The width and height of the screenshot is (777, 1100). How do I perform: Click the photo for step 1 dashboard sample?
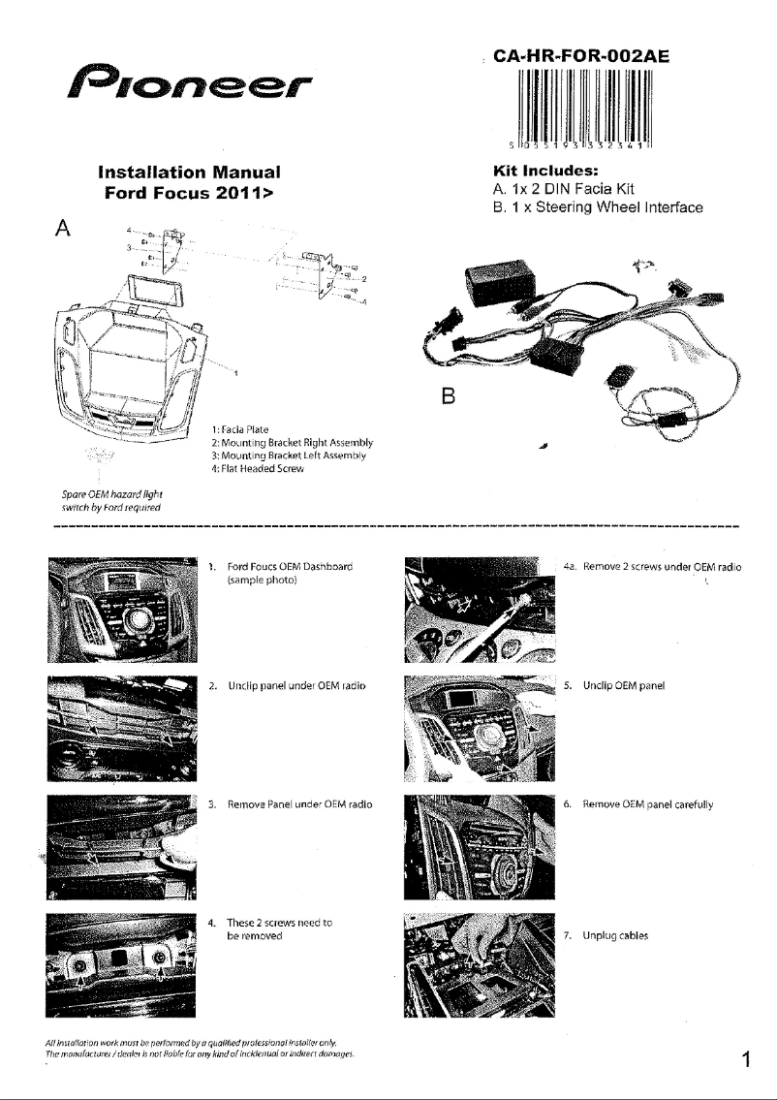(120, 608)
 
